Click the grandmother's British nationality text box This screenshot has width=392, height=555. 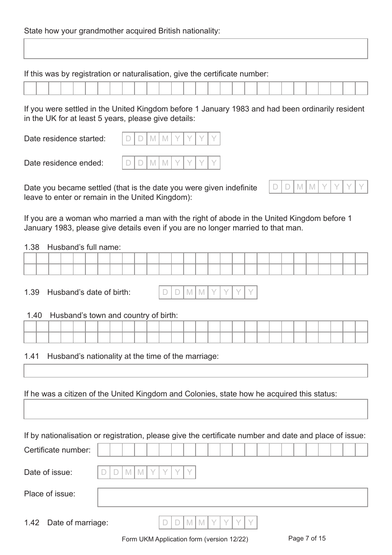tap(196, 49)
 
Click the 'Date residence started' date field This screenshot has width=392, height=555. tap(171, 139)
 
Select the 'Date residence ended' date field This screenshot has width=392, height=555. tap(171, 163)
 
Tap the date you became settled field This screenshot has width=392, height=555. tap(318, 187)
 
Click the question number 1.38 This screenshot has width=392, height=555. tap(31, 247)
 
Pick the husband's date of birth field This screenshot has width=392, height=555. tap(208, 292)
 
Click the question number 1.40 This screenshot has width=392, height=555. tap(34, 315)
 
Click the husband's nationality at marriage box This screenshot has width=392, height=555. tap(196, 371)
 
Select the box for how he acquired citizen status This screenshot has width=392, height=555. tap(196, 409)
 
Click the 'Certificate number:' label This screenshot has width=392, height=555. tap(57, 450)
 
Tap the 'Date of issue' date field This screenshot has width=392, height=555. tap(146, 472)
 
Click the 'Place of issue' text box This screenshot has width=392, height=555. tap(232, 498)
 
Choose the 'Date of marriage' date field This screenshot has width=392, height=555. tap(208, 523)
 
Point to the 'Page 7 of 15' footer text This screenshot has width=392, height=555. tap(307, 538)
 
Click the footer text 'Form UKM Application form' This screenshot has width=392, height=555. tap(185, 539)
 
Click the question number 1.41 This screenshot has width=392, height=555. tap(31, 356)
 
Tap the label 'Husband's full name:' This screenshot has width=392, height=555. tap(84, 247)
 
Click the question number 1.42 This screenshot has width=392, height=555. tap(31, 523)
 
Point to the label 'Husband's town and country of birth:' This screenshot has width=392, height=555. tap(114, 315)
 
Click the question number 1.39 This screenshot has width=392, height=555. tap(31, 292)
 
